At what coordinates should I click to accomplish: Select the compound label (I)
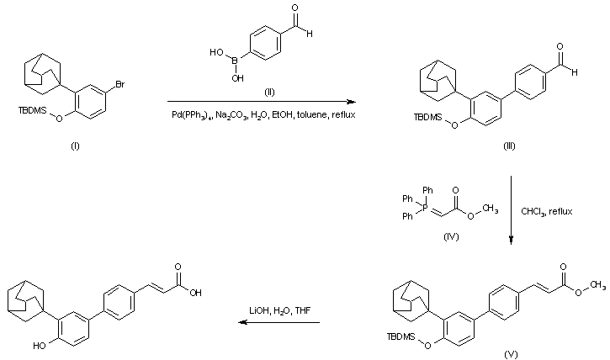[75, 146]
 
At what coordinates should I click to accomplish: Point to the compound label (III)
[509, 146]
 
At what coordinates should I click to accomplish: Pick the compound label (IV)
[453, 237]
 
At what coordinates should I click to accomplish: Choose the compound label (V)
[511, 354]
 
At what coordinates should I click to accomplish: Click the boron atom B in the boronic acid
[235, 60]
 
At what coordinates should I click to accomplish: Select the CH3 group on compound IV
[490, 209]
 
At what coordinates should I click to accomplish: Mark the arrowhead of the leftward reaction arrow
[236, 322]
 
